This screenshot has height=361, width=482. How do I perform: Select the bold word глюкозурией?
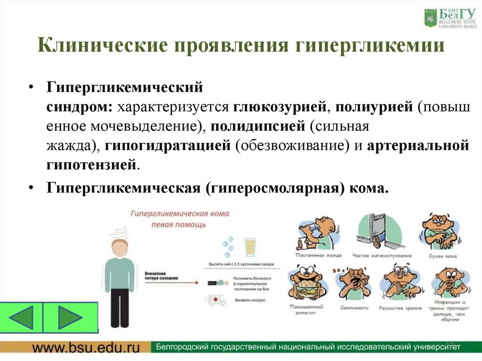click(276, 107)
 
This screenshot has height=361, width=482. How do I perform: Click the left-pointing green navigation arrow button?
click(22, 318)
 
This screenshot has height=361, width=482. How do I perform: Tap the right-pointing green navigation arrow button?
click(70, 318)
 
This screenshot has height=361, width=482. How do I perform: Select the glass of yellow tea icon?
click(249, 247)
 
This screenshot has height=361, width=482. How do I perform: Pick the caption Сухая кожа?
click(441, 256)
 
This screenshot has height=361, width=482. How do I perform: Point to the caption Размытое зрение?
click(399, 307)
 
